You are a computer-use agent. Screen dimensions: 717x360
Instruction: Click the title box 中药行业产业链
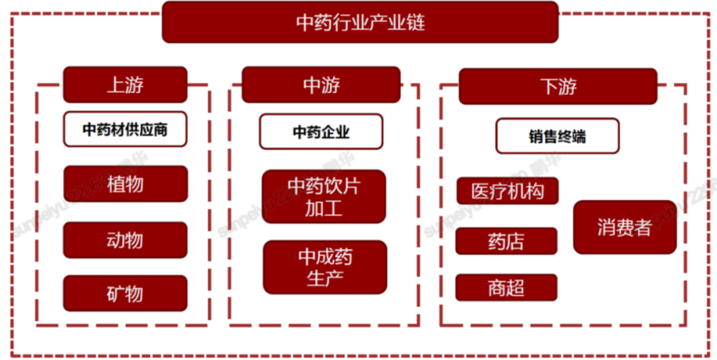360,23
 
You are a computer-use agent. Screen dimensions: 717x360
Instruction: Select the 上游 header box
125,84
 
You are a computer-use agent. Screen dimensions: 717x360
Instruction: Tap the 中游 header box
321,84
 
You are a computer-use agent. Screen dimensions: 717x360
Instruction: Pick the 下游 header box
558,86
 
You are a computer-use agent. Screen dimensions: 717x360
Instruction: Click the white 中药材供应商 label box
125,130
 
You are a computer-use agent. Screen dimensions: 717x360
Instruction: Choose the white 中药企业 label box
321,132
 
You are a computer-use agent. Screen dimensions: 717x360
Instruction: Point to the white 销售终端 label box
557,136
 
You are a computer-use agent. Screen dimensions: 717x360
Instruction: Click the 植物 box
125,184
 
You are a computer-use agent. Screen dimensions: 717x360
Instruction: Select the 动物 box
125,240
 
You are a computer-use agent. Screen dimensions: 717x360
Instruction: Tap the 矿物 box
125,293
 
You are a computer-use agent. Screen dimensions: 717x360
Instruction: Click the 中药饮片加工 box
324,197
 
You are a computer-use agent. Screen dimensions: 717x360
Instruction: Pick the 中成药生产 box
325,267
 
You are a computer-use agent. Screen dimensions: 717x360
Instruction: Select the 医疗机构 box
507,191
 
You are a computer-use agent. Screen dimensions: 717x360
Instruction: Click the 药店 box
506,241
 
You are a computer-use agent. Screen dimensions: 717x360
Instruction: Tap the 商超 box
506,288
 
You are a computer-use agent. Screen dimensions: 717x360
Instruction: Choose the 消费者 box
624,227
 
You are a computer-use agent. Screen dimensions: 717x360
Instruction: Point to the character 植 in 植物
116,184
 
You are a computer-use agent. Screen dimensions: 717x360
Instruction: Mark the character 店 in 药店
515,241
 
